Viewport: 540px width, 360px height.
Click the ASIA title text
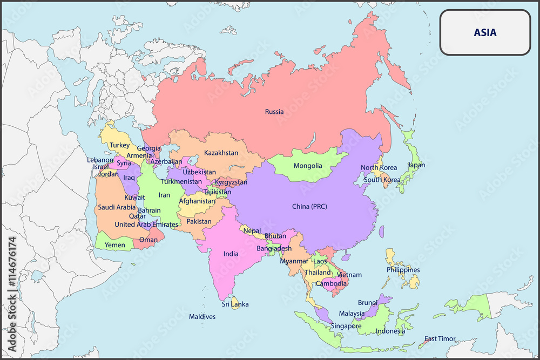pos(485,32)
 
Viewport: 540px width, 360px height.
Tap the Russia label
pos(274,112)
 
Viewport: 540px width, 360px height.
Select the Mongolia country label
pos(308,166)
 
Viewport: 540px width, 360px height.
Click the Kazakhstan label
pos(221,153)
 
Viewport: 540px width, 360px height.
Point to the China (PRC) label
pos(309,206)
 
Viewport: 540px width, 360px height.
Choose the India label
pos(231,254)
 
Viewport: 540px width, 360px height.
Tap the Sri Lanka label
pos(235,304)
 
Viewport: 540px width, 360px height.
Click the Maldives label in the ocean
pos(202,317)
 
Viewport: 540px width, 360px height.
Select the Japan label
pos(416,165)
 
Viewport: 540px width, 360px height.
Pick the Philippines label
pos(403,270)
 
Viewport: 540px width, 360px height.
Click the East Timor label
pos(440,339)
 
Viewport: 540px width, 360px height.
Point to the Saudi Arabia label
pos(117,207)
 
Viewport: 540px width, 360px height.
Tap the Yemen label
pos(114,245)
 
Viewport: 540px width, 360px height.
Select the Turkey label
pos(119,145)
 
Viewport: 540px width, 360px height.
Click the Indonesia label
pos(390,331)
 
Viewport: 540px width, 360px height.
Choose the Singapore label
pos(346,326)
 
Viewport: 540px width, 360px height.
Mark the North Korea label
pos(379,168)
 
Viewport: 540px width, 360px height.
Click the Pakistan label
pos(199,221)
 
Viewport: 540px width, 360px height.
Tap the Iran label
pos(164,195)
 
